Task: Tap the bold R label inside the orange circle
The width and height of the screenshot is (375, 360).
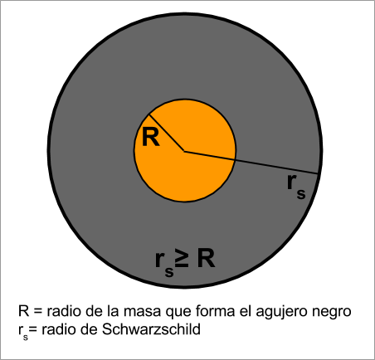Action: tap(151, 137)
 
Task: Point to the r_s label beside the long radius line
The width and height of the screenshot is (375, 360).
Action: tap(296, 187)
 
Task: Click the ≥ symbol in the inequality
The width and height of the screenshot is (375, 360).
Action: tap(182, 258)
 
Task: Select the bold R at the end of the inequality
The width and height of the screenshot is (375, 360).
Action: tap(206, 259)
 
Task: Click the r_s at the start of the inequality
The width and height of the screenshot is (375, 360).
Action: tap(164, 263)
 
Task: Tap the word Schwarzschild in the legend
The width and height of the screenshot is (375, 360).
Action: tap(151, 329)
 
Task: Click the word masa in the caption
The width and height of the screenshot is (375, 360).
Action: tap(142, 311)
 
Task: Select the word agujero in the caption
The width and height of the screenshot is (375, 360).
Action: tap(281, 312)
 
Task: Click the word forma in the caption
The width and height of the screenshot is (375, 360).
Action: tap(213, 310)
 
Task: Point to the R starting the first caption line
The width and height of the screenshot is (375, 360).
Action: tap(24, 311)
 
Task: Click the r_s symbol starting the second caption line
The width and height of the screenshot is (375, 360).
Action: tap(23, 332)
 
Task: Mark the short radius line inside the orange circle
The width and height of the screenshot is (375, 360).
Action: tap(167, 133)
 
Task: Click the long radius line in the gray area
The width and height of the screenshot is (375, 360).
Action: tap(251, 163)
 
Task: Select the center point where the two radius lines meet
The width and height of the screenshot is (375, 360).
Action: tap(184, 151)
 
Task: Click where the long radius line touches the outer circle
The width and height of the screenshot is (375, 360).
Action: tap(318, 173)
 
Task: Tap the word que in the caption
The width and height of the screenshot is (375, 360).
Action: tap(178, 312)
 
